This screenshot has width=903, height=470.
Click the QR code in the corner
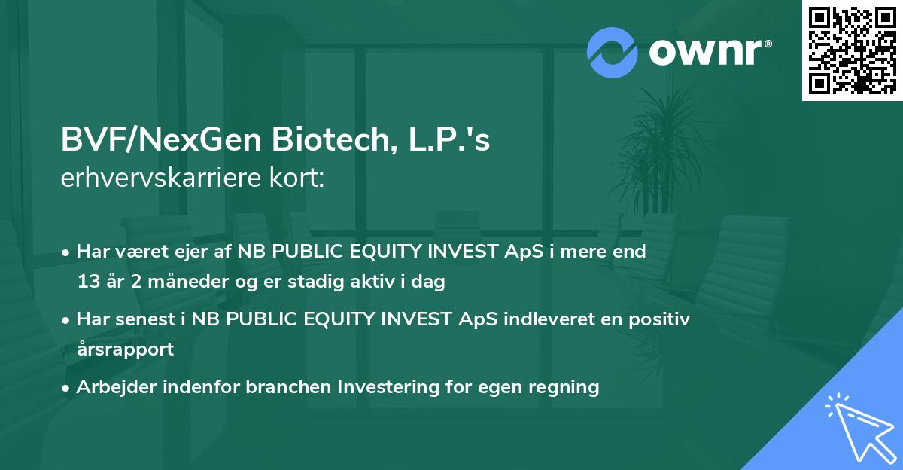coord(852,50)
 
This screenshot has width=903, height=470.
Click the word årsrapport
coord(125,349)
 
